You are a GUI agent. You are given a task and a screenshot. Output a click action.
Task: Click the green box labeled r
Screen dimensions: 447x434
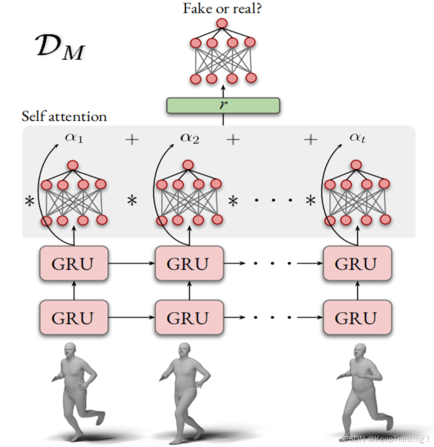[223, 105]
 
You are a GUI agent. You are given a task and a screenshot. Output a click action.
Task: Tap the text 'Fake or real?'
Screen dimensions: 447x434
[222, 8]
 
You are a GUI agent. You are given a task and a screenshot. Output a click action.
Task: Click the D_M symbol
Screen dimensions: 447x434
[60, 47]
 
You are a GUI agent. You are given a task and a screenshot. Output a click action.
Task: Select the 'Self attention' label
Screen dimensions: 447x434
[64, 117]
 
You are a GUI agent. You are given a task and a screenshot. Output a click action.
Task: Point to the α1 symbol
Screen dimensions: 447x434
[74, 138]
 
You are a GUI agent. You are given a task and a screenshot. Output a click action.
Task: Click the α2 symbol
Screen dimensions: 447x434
[189, 138]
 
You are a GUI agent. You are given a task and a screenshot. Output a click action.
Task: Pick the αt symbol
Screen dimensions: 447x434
[357, 138]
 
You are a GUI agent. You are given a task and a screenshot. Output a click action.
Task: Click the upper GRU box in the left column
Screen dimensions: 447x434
[74, 264]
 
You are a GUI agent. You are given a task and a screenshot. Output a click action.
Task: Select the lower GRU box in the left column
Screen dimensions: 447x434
[74, 317]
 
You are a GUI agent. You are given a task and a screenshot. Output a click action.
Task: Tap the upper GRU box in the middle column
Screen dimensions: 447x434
[189, 264]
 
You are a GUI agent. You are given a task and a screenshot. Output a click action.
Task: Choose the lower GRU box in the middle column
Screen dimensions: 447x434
[189, 317]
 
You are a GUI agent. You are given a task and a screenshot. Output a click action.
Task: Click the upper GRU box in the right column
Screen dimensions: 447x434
[357, 264]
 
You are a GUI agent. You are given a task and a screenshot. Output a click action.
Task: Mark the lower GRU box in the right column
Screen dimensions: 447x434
[357, 317]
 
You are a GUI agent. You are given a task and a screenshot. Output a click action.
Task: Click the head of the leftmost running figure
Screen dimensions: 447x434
[70, 350]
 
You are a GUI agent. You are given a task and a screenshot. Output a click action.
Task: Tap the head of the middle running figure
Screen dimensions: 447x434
[184, 350]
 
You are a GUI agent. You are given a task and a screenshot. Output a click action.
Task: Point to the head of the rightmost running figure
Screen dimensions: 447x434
[360, 352]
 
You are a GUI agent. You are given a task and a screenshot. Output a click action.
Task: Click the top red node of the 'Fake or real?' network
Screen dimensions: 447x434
[222, 23]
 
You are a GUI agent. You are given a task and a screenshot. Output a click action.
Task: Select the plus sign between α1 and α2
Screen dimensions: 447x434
[132, 140]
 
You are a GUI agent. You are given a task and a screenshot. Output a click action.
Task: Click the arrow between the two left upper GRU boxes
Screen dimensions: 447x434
[131, 264]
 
